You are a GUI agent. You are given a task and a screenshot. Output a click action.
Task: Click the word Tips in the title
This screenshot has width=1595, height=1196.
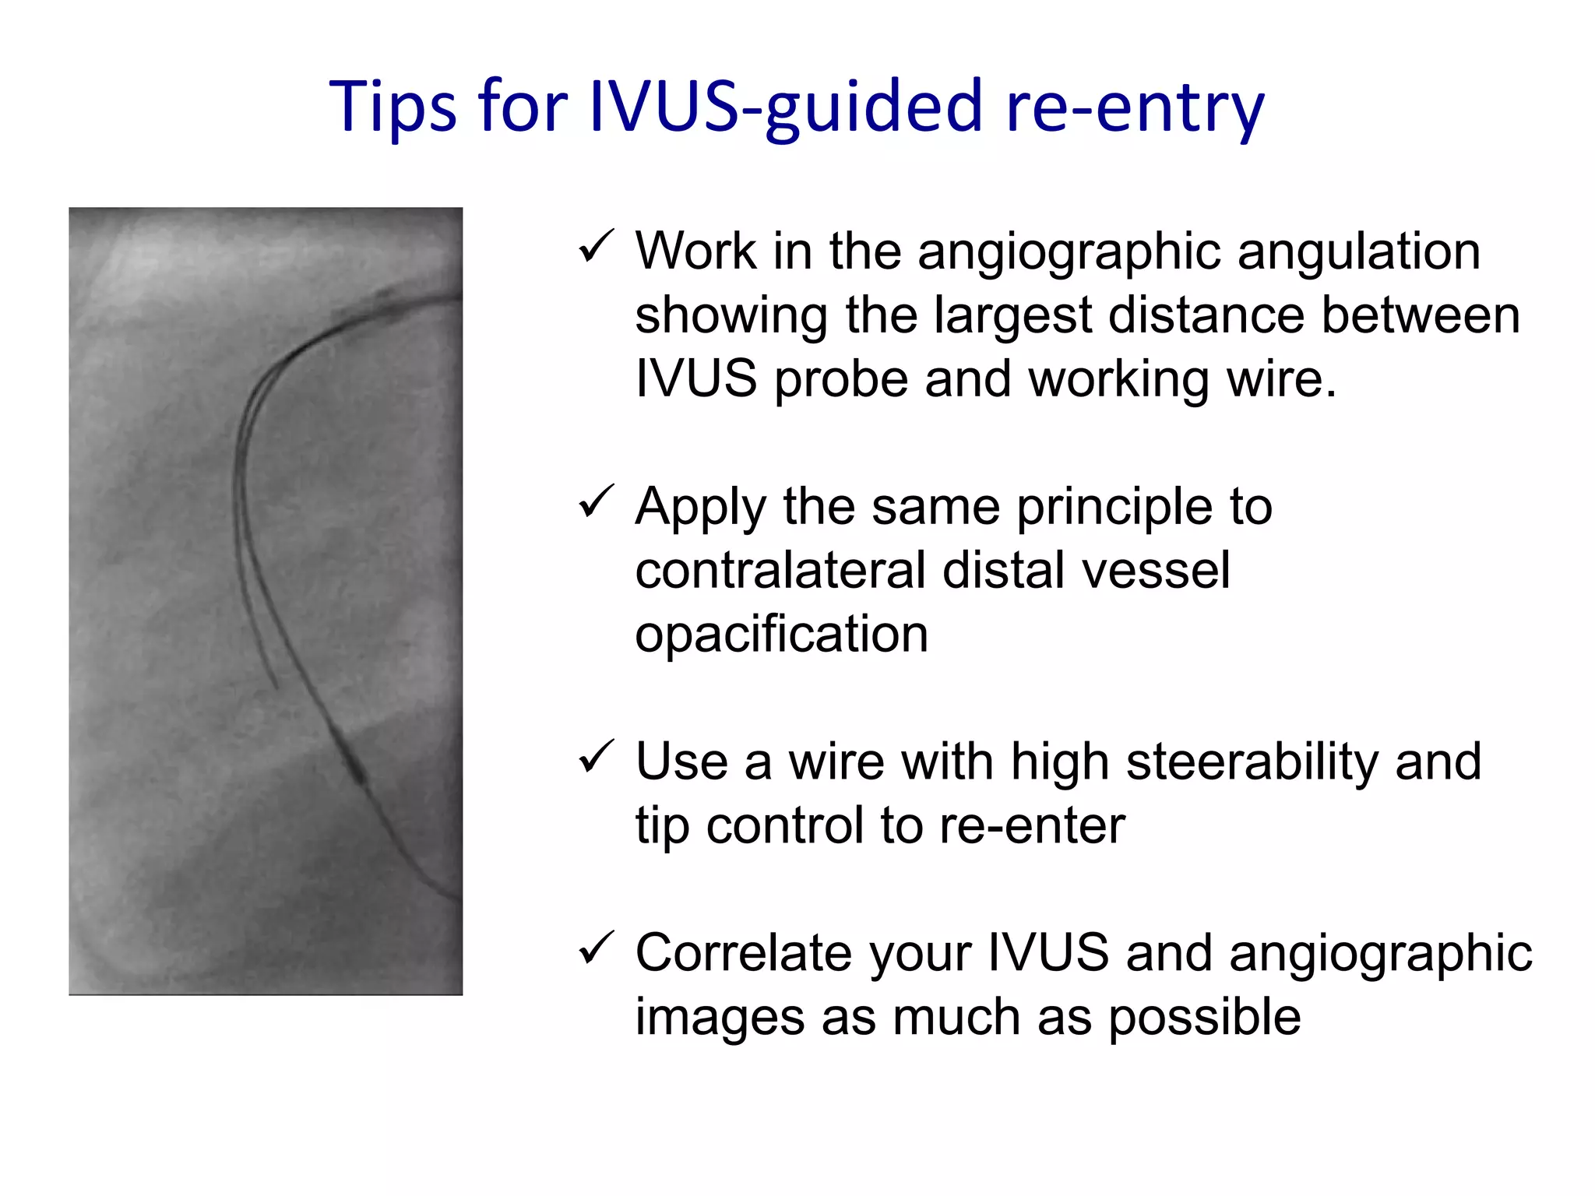tap(393, 106)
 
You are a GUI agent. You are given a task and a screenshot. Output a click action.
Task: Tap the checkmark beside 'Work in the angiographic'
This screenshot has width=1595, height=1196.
tap(597, 247)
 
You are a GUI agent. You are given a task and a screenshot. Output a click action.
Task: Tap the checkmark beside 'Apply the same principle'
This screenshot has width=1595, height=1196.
tap(597, 502)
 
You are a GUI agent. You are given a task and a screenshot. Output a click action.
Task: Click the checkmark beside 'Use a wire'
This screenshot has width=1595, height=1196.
tap(597, 757)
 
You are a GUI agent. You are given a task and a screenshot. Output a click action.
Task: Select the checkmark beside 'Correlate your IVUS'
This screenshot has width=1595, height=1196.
tap(597, 948)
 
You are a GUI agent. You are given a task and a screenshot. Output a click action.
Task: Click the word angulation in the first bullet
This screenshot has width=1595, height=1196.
tap(1358, 252)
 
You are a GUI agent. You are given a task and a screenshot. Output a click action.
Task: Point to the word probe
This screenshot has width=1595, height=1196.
tap(840, 379)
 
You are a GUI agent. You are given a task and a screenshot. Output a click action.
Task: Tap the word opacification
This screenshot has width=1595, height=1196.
tap(781, 635)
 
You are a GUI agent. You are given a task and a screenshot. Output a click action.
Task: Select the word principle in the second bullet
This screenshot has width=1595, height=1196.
tap(1114, 507)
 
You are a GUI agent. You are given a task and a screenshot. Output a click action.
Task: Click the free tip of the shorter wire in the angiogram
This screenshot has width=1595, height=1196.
tap(276, 687)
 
